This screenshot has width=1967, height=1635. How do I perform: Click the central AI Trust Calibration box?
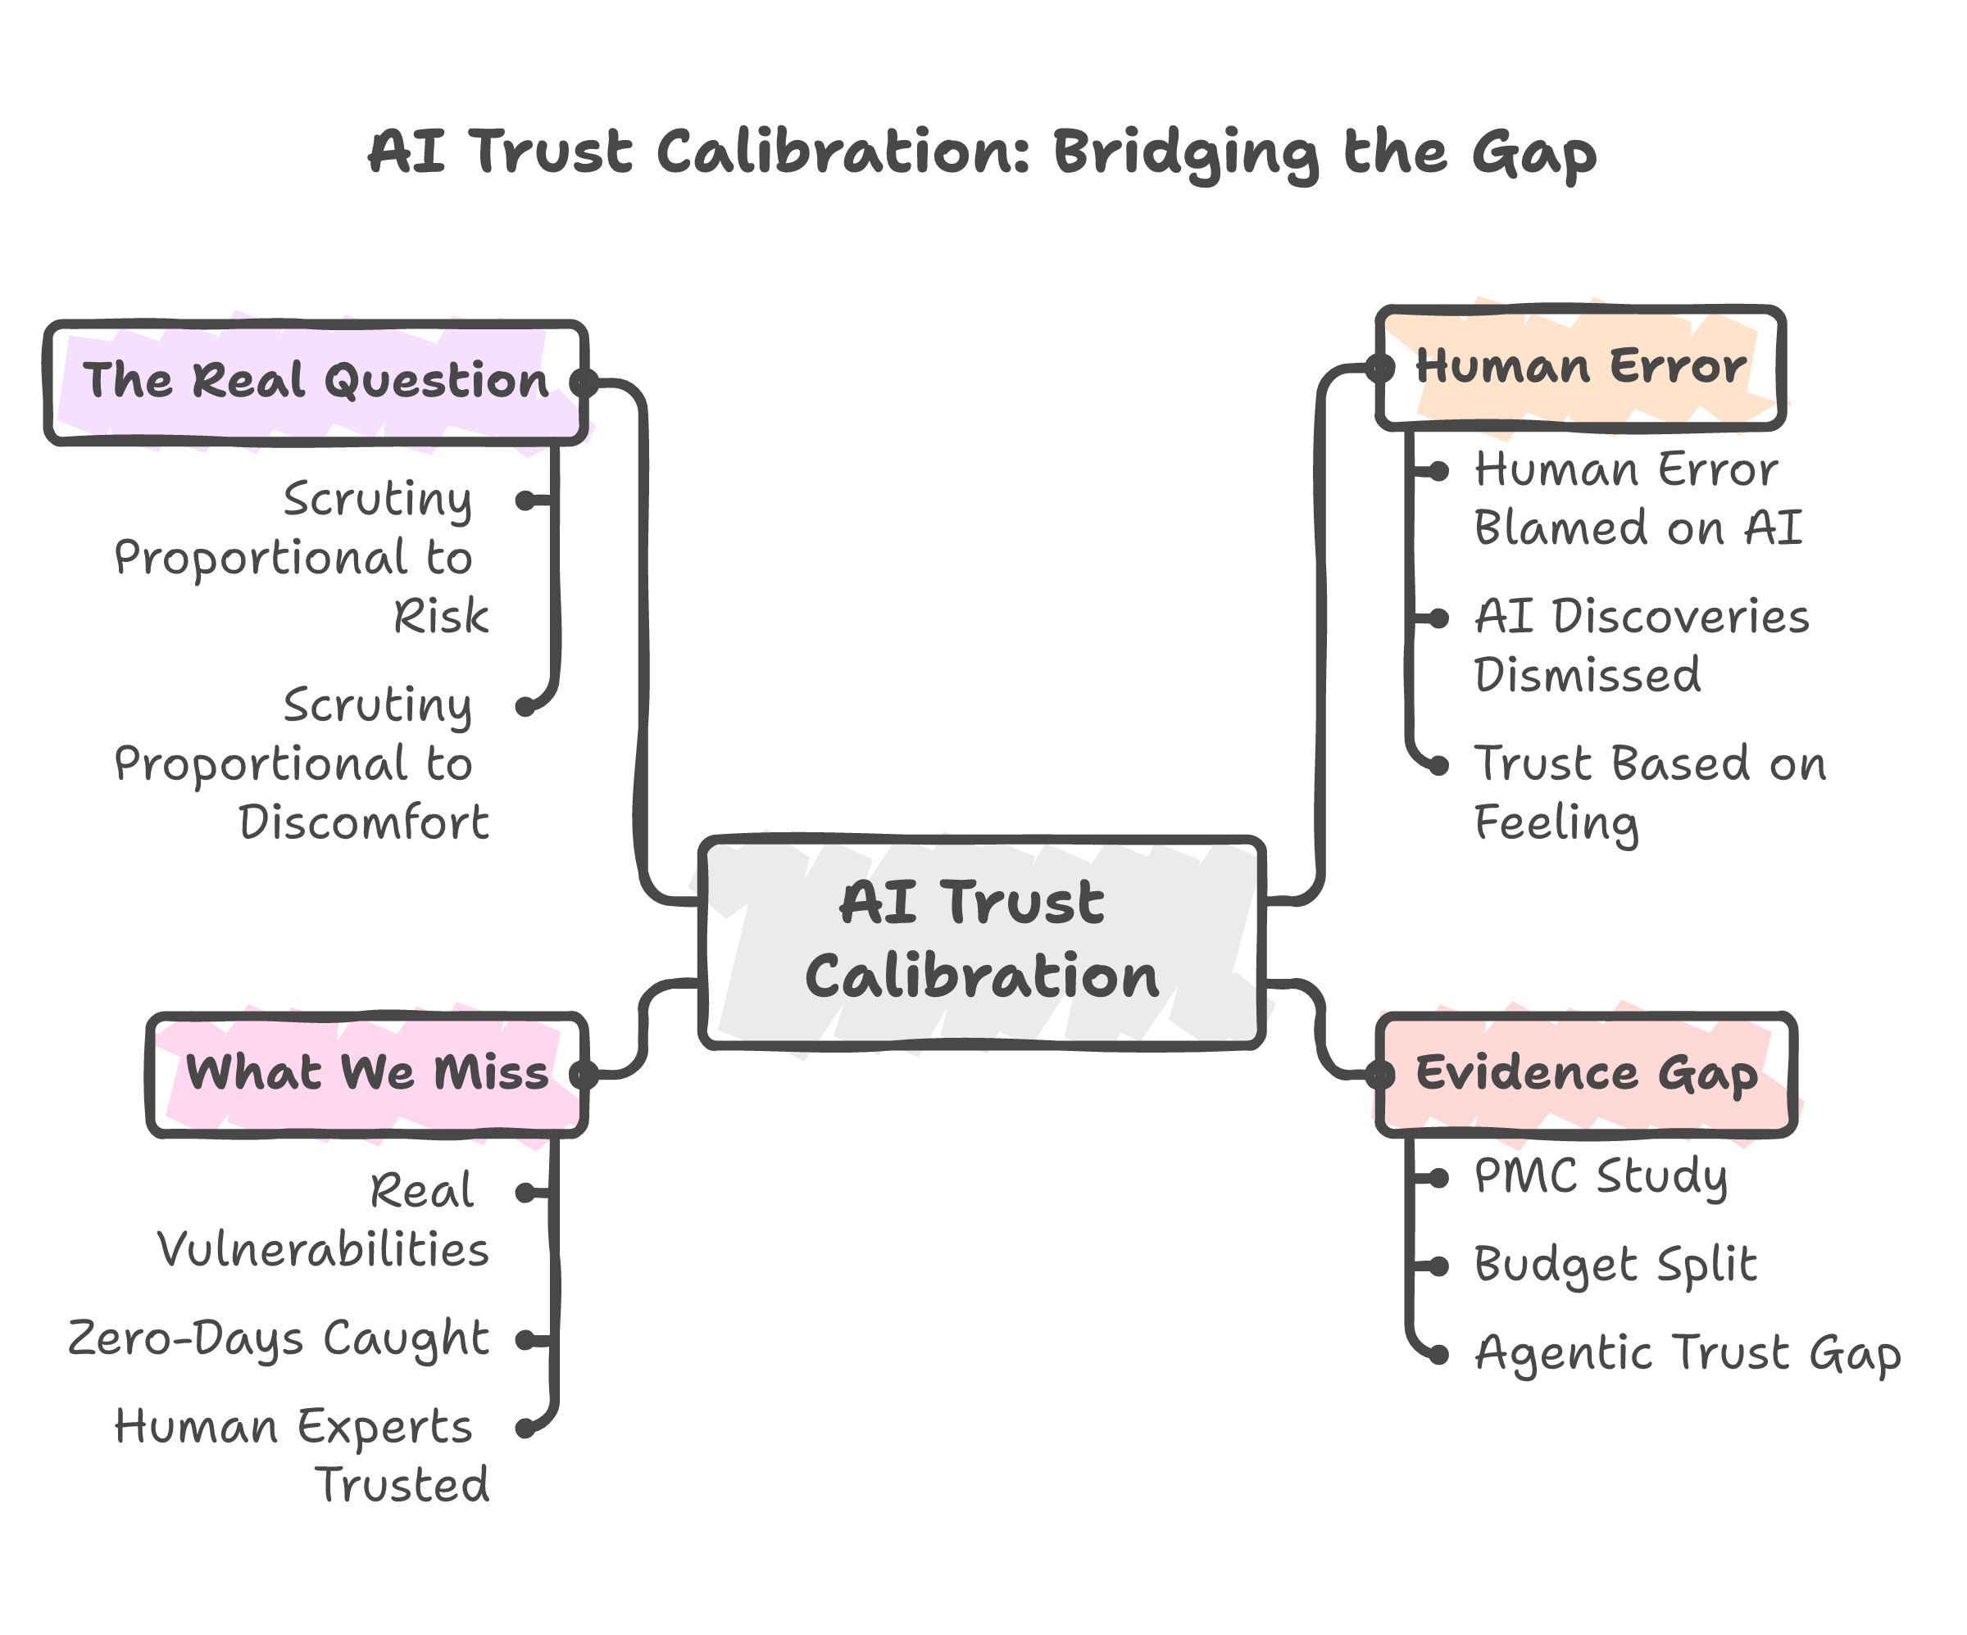[x=982, y=941]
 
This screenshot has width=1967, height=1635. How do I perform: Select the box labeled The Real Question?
[x=316, y=381]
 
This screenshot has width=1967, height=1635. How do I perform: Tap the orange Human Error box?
[x=1580, y=367]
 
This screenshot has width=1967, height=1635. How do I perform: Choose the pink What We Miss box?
[x=367, y=1073]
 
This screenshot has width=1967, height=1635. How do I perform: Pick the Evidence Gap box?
[x=1587, y=1073]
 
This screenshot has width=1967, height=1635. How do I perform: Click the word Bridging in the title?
[x=1186, y=153]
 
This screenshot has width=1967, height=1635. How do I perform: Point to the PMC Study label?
[x=1601, y=1177]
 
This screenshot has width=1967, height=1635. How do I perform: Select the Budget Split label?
[x=1615, y=1265]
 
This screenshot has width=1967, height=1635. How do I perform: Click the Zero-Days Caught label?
[x=278, y=1339]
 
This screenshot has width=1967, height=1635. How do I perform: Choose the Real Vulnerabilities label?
[x=323, y=1221]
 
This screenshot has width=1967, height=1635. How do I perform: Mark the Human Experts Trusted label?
[x=302, y=1456]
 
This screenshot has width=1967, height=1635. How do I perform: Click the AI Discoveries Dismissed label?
[x=1641, y=646]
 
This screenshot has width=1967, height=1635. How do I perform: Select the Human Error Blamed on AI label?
[x=1638, y=499]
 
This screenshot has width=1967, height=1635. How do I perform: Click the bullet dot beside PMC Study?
[x=1440, y=1178]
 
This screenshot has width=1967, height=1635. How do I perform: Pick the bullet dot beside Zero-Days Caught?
[x=525, y=1341]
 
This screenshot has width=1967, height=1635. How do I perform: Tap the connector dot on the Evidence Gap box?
[x=1381, y=1075]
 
